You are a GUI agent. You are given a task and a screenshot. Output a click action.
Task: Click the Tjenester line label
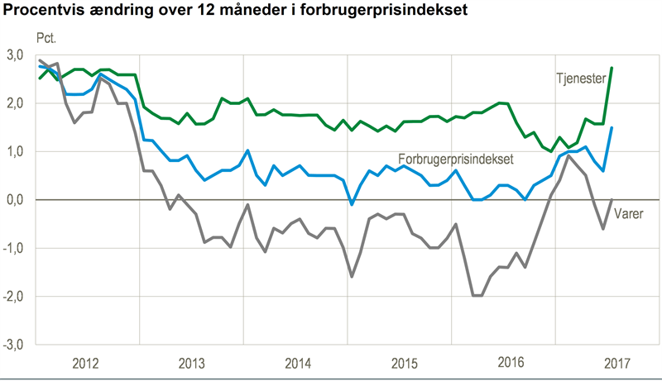click(580, 77)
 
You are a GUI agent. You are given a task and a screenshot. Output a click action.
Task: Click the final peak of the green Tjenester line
click(612, 68)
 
